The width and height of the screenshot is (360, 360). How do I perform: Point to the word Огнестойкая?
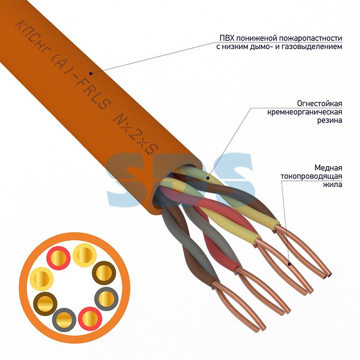tap(319, 103)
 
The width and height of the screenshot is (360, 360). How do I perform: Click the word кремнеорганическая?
tap(305, 112)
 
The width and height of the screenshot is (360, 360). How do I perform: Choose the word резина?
tap(330, 120)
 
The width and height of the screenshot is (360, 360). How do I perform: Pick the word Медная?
tap(328, 168)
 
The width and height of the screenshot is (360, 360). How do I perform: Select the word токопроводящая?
tap(311, 176)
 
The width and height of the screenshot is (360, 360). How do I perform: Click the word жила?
tap(333, 184)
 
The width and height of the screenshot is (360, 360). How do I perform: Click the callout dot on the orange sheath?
tap(91, 73)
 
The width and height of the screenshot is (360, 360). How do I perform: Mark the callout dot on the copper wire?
tap(289, 264)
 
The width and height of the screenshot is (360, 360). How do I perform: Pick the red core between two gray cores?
tap(90, 319)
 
